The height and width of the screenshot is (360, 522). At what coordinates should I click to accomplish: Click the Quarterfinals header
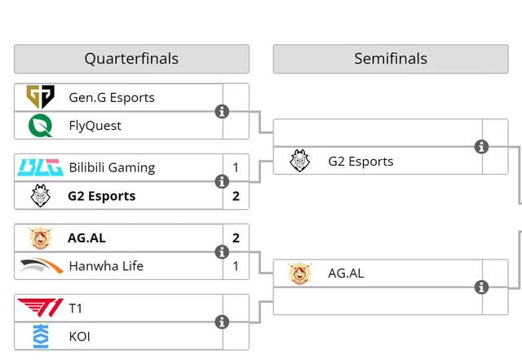[x=131, y=59]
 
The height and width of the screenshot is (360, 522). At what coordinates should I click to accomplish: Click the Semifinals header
[x=390, y=59]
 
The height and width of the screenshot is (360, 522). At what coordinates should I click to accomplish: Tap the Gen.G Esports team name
[x=112, y=97]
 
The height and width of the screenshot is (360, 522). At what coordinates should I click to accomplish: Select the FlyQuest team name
[x=95, y=125]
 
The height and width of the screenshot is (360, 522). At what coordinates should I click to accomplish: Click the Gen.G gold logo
[x=40, y=97]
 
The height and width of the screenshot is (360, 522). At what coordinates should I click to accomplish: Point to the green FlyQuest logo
[x=40, y=125]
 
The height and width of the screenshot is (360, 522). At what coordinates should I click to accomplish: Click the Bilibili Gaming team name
[x=112, y=167]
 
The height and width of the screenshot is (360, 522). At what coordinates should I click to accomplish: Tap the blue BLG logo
[x=40, y=167]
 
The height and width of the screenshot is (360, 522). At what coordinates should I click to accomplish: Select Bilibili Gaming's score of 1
[x=236, y=167]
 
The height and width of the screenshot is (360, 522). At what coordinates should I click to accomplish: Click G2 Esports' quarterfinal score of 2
[x=236, y=196]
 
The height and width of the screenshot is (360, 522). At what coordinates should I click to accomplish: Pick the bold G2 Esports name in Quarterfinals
[x=102, y=196]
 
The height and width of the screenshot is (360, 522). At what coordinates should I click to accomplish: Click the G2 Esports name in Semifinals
[x=361, y=161]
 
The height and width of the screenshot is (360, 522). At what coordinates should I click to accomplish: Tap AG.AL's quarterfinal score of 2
[x=236, y=238]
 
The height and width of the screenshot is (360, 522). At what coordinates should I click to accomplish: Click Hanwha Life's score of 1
[x=236, y=266]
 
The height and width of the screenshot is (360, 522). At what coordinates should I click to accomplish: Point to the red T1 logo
[x=40, y=309]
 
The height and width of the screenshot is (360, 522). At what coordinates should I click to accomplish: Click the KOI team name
[x=80, y=336]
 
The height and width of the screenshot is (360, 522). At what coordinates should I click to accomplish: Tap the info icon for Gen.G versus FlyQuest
[x=222, y=111]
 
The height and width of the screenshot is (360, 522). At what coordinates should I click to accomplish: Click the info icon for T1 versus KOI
[x=222, y=322]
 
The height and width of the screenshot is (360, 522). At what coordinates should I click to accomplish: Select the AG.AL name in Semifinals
[x=346, y=273]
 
